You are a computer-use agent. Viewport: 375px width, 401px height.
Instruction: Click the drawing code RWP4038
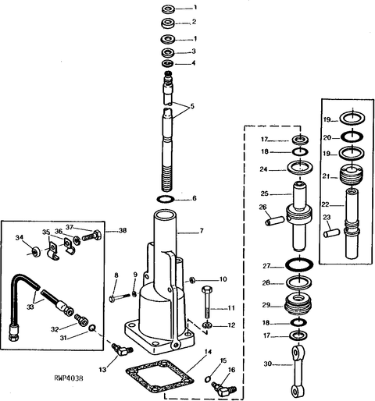[x=69, y=378]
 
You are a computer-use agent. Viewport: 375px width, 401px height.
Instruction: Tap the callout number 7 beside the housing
[x=202, y=231]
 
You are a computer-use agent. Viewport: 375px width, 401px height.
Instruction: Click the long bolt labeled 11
[x=207, y=302]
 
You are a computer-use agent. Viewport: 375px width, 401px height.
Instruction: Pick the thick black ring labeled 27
[x=299, y=265]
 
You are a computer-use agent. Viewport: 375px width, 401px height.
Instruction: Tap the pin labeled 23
[x=331, y=232]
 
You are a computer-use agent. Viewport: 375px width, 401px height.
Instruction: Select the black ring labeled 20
[x=352, y=137]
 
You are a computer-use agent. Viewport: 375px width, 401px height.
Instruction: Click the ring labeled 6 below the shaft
[x=166, y=200]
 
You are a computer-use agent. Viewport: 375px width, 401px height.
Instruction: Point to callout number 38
[x=123, y=230]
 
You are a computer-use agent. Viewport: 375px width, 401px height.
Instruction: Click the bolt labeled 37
[x=91, y=236]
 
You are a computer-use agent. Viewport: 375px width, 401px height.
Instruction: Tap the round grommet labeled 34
[x=35, y=252]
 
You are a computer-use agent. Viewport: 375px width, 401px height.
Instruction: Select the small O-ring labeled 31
[x=91, y=328]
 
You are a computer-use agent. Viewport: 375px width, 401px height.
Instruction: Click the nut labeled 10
[x=191, y=280]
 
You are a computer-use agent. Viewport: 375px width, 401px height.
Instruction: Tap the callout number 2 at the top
[x=194, y=22]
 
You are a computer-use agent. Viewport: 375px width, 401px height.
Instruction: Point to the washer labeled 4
[x=168, y=63]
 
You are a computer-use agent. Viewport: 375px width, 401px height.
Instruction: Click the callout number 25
[x=264, y=193]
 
